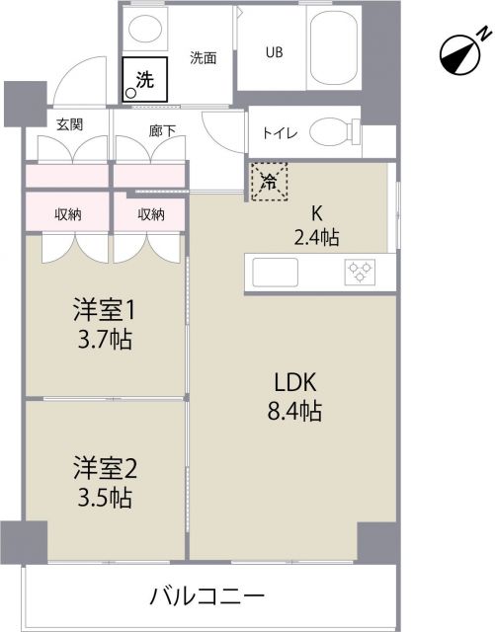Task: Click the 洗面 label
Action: coord(204,57)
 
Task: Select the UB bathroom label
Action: coord(273,52)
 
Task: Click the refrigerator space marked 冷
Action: coord(269,181)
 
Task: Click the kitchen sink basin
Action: coord(280,271)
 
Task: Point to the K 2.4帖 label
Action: coord(317,225)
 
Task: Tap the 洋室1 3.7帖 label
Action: coord(103,325)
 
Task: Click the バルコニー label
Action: coord(207,596)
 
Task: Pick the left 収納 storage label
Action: coord(67,213)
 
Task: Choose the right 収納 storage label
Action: coord(150,213)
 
